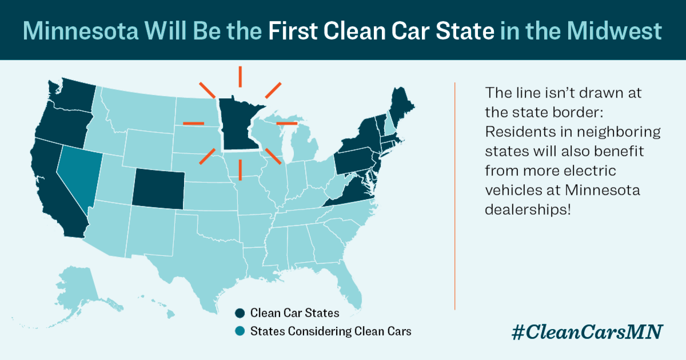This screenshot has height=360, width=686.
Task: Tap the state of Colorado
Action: [x=158, y=189]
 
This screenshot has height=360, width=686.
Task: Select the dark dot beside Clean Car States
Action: [x=240, y=313]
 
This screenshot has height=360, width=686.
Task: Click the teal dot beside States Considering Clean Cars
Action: [x=240, y=331]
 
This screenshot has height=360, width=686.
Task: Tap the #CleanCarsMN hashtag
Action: [x=587, y=332]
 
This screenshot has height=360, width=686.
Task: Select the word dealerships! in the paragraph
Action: [x=528, y=209]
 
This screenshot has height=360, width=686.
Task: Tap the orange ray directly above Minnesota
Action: [x=240, y=76]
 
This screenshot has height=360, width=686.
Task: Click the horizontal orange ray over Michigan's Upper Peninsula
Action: [x=287, y=123]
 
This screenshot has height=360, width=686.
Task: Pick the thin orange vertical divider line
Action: [x=455, y=194]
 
